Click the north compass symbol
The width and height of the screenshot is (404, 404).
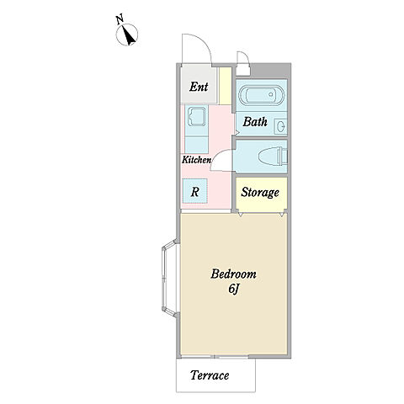click(127, 35)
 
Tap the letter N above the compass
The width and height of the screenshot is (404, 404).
click(120, 20)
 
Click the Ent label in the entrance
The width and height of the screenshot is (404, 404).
click(199, 87)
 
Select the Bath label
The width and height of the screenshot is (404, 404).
click(255, 122)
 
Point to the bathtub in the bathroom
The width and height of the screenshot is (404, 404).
click(261, 95)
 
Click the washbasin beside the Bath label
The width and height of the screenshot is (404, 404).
click(280, 125)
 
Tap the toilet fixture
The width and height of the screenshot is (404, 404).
click(273, 157)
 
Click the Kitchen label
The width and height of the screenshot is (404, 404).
click(196, 160)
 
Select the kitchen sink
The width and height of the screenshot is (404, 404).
click(196, 116)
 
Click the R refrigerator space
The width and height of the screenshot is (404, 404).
click(195, 191)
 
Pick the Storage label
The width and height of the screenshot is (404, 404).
click(260, 193)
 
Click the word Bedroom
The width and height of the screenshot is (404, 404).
click(233, 274)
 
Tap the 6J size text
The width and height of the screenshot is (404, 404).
click(233, 290)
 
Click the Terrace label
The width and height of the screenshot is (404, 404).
click(210, 375)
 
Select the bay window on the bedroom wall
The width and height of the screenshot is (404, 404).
click(170, 278)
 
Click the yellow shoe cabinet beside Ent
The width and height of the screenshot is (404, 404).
click(225, 86)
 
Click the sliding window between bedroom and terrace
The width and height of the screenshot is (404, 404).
click(215, 357)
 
